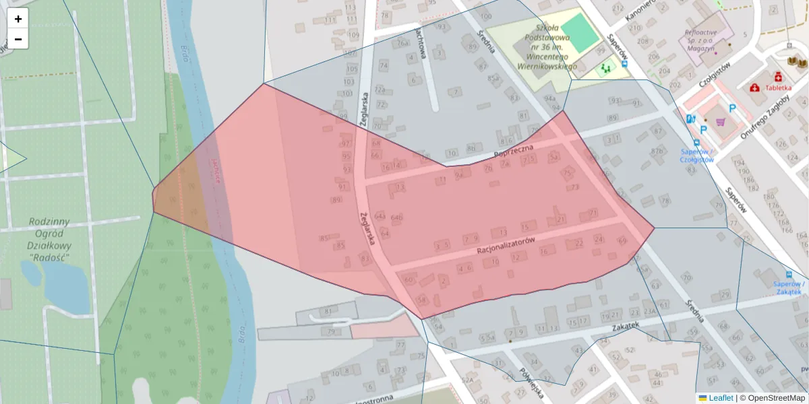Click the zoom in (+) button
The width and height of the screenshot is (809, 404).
point(18,19)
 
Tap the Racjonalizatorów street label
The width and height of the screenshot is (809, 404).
point(506,246)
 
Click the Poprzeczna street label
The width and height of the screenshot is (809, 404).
point(514,151)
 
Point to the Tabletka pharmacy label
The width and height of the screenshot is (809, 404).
point(778,88)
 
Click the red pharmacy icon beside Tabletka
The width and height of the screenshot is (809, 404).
point(754,88)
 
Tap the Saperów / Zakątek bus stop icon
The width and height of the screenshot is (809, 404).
point(789,275)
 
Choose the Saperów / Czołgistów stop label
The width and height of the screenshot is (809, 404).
point(697,156)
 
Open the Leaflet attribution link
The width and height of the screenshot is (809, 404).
point(721,398)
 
